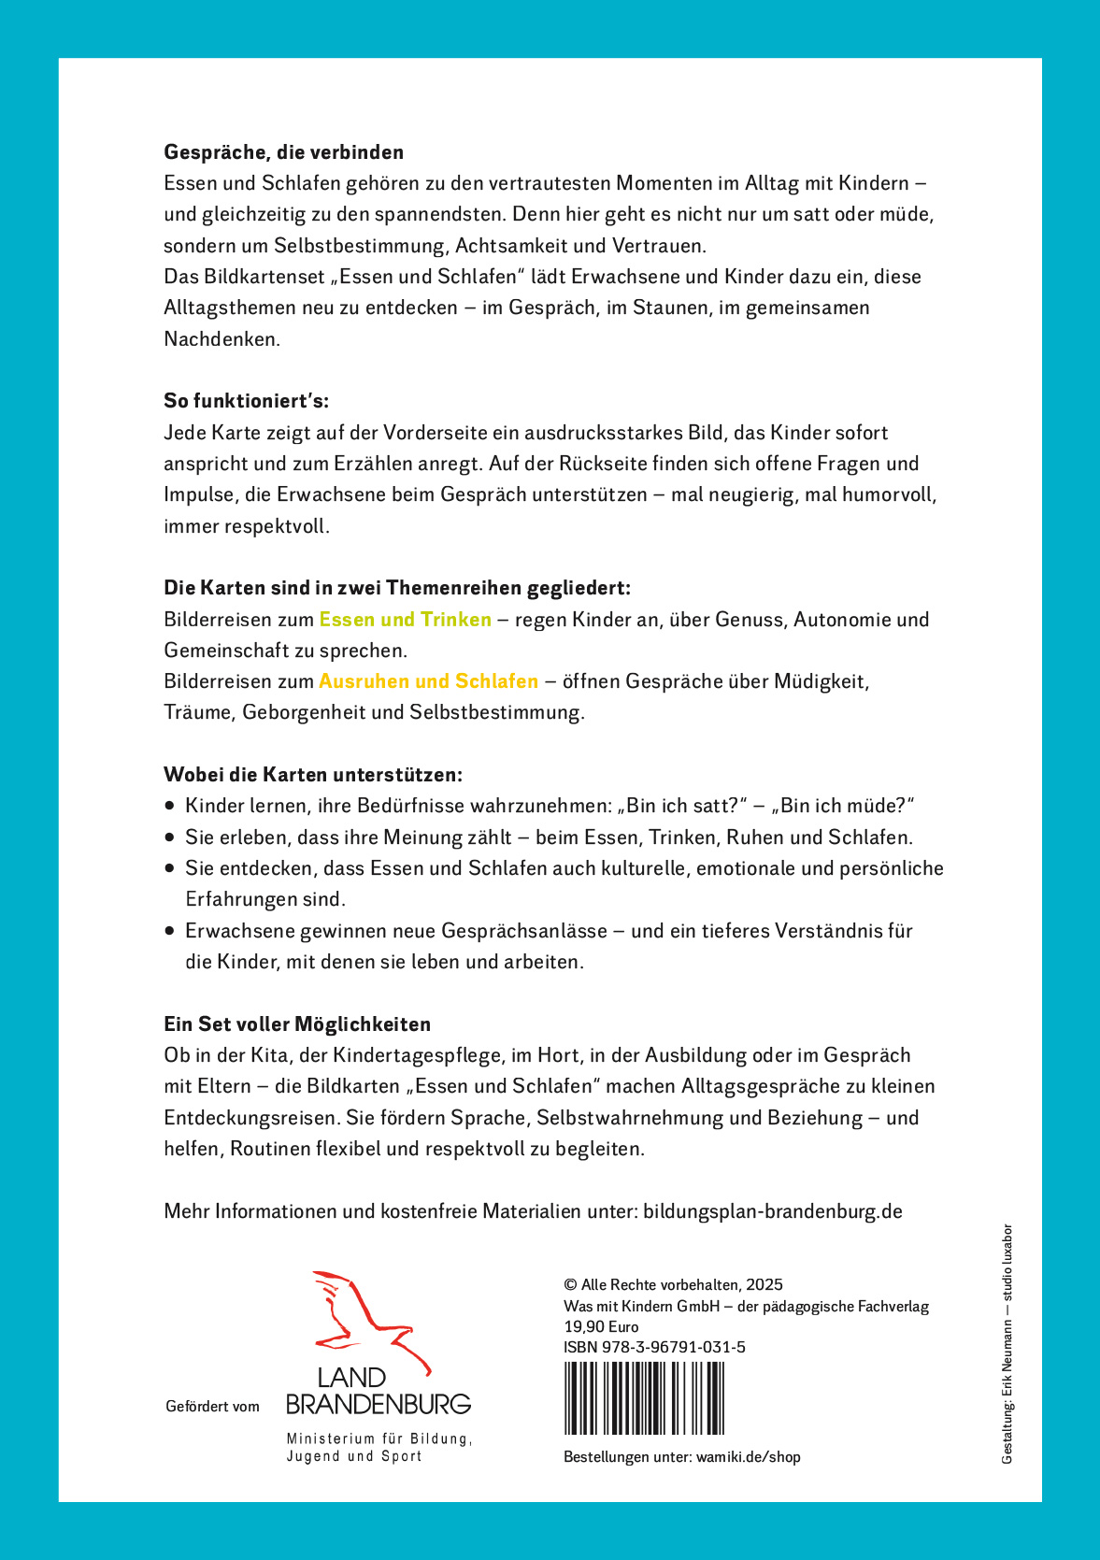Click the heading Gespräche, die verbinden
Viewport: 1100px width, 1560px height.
coord(283,152)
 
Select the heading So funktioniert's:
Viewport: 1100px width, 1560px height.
coord(246,401)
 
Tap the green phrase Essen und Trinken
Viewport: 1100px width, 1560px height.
coord(405,620)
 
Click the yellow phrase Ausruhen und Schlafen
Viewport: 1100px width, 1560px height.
coord(429,681)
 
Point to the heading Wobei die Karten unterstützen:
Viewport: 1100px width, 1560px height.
coord(313,775)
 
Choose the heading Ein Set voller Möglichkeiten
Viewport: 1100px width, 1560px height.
coord(297,1024)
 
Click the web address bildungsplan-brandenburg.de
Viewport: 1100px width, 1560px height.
coord(773,1211)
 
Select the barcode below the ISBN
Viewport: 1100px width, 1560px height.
coord(644,1398)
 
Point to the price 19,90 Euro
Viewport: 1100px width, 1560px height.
coord(601,1326)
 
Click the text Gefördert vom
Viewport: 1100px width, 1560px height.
coord(212,1407)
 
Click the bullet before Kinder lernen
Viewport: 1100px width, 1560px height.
coord(169,806)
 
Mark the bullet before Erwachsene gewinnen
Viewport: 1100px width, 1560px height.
coord(169,931)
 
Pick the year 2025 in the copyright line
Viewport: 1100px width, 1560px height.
coord(764,1285)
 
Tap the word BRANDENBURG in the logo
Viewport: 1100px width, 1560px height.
coord(378,1404)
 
